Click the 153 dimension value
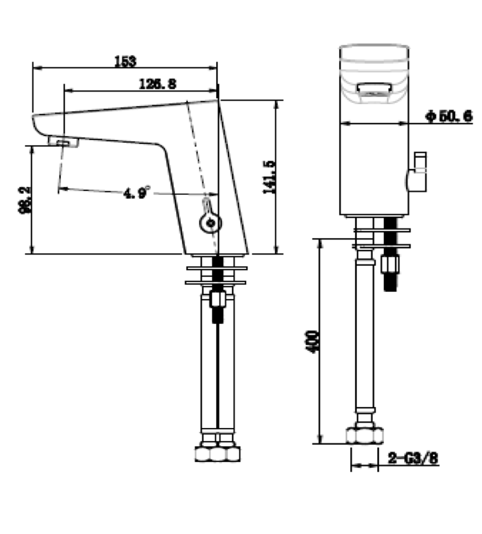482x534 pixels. click(124, 61)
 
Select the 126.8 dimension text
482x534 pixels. click(158, 84)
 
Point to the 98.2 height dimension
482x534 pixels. click(25, 200)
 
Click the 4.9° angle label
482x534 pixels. click(137, 192)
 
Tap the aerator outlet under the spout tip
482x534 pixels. click(64, 142)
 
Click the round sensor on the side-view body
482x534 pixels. click(210, 223)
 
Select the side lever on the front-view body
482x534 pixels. click(417, 172)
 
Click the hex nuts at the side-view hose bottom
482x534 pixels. click(218, 453)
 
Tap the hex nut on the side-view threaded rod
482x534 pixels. click(217, 300)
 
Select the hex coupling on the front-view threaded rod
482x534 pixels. click(390, 265)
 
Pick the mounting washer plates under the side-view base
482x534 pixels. click(217, 274)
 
